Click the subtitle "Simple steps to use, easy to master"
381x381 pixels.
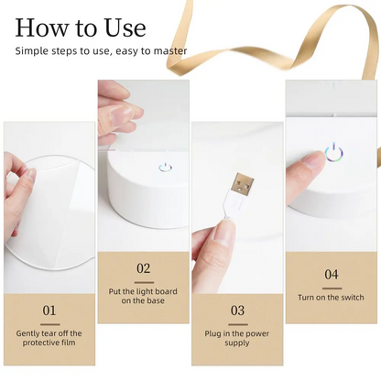(101, 50)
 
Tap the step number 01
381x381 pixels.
(49, 310)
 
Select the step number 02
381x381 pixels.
(143, 268)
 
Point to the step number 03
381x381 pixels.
(236, 310)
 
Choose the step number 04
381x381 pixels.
(331, 274)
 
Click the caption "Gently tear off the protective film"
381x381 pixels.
(49, 339)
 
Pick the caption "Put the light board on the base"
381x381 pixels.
(143, 295)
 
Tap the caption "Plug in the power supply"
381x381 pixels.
(236, 339)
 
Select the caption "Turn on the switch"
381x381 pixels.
(331, 297)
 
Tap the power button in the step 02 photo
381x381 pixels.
(164, 168)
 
